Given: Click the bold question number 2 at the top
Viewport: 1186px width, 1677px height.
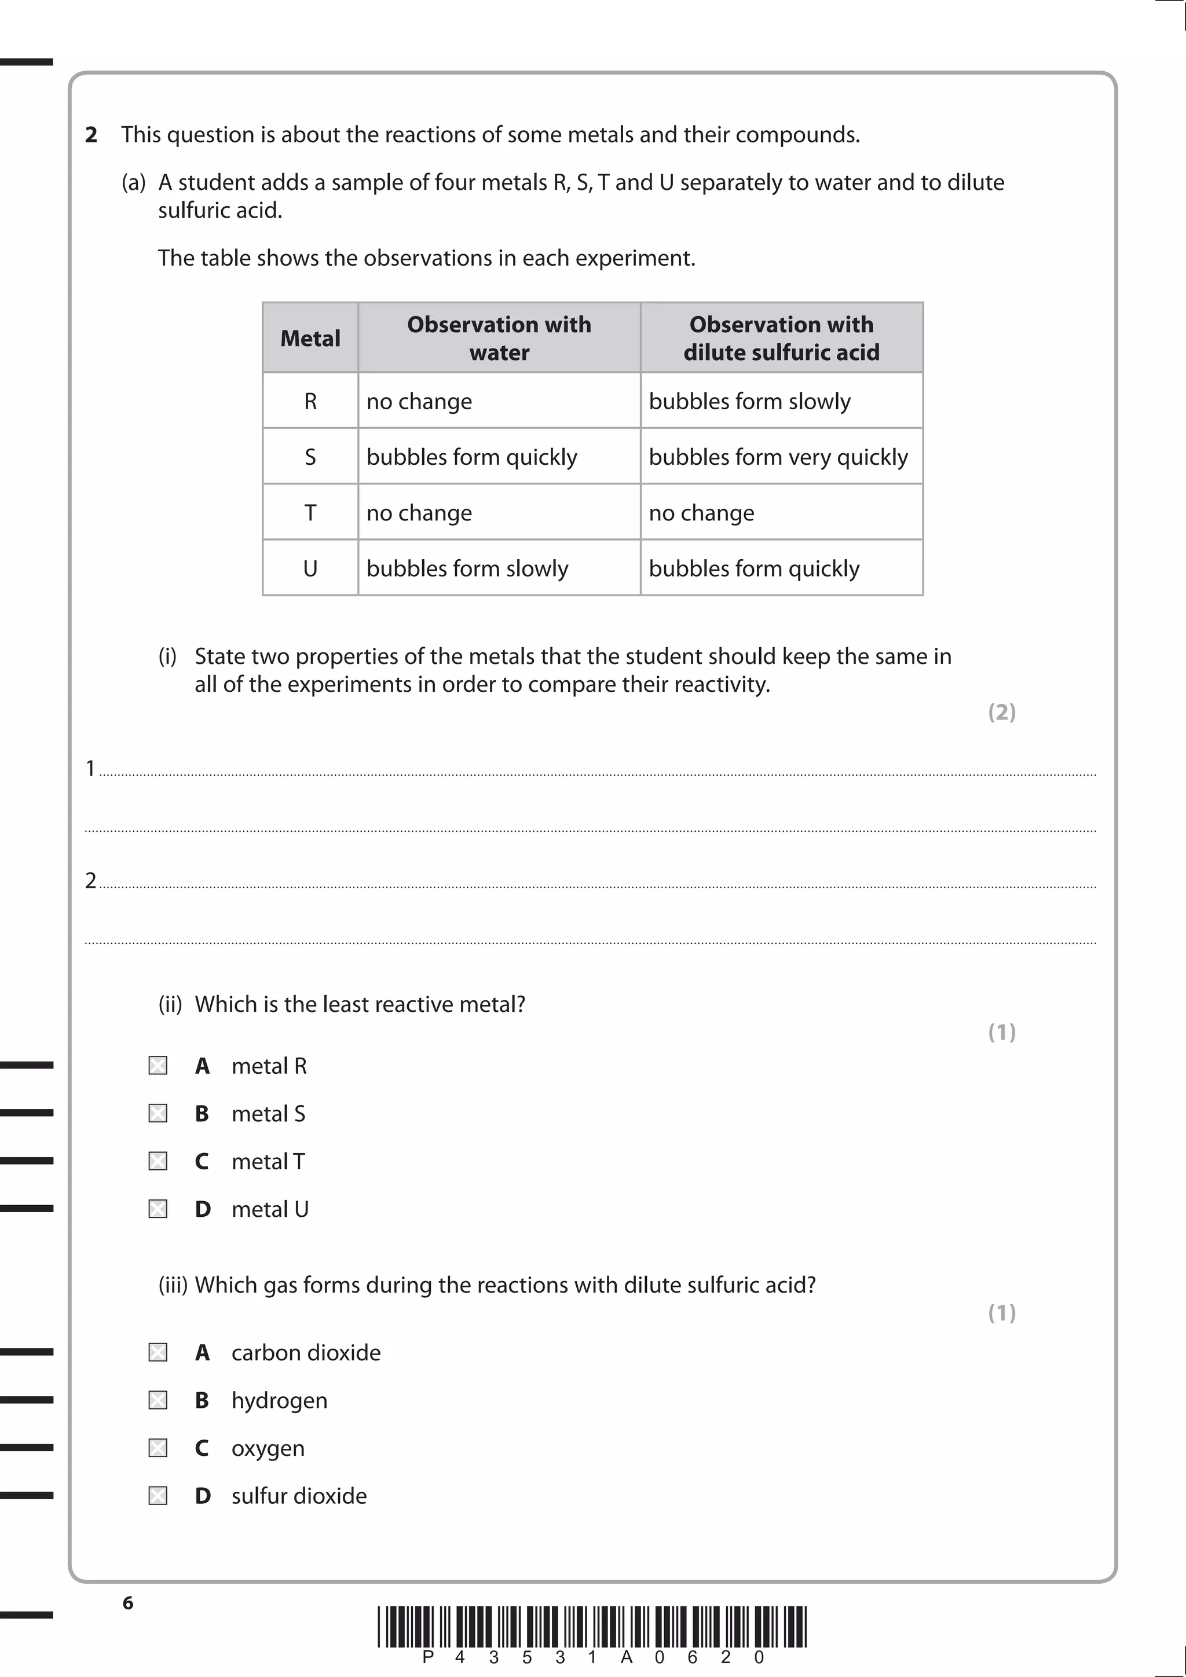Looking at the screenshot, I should [x=91, y=135].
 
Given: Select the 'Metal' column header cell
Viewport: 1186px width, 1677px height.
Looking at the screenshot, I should [x=310, y=338].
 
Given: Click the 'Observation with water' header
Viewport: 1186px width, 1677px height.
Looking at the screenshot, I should [x=499, y=338].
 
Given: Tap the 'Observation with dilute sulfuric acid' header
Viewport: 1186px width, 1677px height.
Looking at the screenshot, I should [x=781, y=338].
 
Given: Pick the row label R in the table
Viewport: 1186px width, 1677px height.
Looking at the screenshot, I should [x=310, y=401].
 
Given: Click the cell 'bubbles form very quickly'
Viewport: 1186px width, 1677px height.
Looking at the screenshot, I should [x=778, y=457].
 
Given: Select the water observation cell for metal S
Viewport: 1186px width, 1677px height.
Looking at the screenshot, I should [x=472, y=457].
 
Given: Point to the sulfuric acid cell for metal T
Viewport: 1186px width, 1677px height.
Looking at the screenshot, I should [x=701, y=513].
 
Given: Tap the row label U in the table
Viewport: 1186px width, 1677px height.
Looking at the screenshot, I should [x=310, y=568].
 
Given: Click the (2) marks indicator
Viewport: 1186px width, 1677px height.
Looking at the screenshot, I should [x=1002, y=712].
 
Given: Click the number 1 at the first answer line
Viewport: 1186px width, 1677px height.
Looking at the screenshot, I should [x=90, y=768].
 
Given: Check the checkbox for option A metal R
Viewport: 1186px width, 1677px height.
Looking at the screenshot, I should [x=158, y=1066].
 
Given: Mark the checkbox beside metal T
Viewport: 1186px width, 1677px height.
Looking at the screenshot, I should [x=158, y=1161].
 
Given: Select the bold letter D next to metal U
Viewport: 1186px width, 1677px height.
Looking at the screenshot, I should [x=203, y=1209].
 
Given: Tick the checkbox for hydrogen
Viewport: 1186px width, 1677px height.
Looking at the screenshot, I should [x=158, y=1400].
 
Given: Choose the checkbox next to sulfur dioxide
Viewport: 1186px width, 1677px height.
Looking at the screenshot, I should [x=158, y=1496].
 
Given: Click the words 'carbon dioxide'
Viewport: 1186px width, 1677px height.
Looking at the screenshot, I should [x=306, y=1353].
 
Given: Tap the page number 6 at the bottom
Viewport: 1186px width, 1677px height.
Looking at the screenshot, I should [x=128, y=1602].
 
